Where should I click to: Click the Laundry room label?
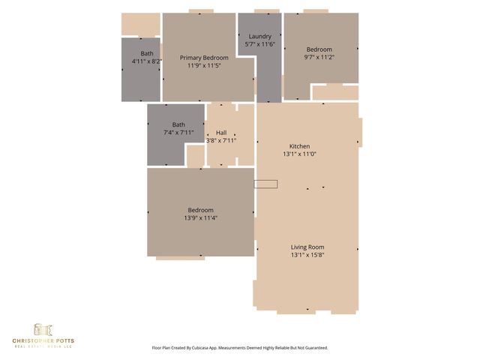click(x=259, y=36)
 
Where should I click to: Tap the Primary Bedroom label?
click(x=204, y=57)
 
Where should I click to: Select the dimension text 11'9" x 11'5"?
click(x=204, y=65)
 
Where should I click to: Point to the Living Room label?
click(x=307, y=247)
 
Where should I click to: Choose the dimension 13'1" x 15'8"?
click(x=307, y=255)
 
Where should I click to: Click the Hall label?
click(x=221, y=132)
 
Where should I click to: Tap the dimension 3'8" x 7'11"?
click(x=221, y=140)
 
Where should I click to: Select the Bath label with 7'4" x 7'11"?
click(x=178, y=124)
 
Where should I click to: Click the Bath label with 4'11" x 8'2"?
click(x=147, y=53)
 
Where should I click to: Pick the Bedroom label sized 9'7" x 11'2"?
click(x=318, y=49)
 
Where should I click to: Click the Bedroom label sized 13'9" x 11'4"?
click(x=201, y=210)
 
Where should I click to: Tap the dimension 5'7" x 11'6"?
click(x=259, y=44)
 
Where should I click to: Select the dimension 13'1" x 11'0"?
click(x=300, y=154)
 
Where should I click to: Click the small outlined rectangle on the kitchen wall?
click(x=265, y=184)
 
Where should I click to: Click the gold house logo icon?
click(x=42, y=330)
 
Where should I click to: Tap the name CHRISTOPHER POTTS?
click(x=43, y=341)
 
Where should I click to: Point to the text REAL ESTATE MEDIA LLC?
click(x=43, y=347)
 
